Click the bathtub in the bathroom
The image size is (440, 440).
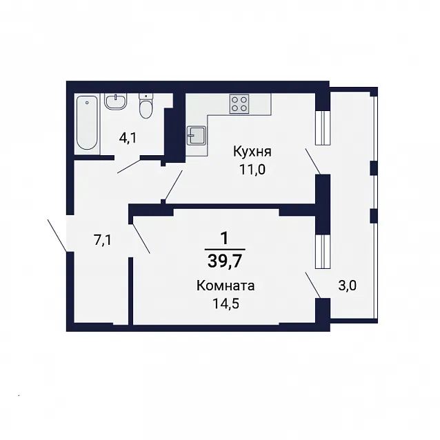click(x=88, y=123)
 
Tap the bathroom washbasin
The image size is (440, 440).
click(x=116, y=101)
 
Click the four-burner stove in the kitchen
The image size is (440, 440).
click(x=239, y=104)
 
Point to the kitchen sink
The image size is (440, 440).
click(x=197, y=136)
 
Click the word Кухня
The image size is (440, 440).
click(x=252, y=152)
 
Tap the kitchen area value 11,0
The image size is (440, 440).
click(x=252, y=170)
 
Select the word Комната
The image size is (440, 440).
click(x=226, y=286)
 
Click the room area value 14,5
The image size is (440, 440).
click(x=226, y=303)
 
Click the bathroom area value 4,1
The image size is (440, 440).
click(x=128, y=139)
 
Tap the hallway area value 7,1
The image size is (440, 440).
click(x=103, y=241)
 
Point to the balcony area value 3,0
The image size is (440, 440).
click(x=348, y=286)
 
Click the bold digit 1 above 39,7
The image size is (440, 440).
click(x=225, y=239)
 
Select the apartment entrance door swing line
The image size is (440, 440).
click(x=57, y=236)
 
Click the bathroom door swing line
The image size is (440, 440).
click(x=128, y=166)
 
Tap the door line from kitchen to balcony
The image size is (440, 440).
click(x=313, y=161)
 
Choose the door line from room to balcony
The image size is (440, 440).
click(x=313, y=285)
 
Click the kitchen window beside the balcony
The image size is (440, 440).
click(x=323, y=128)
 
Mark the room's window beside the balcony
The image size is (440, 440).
click(x=323, y=252)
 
